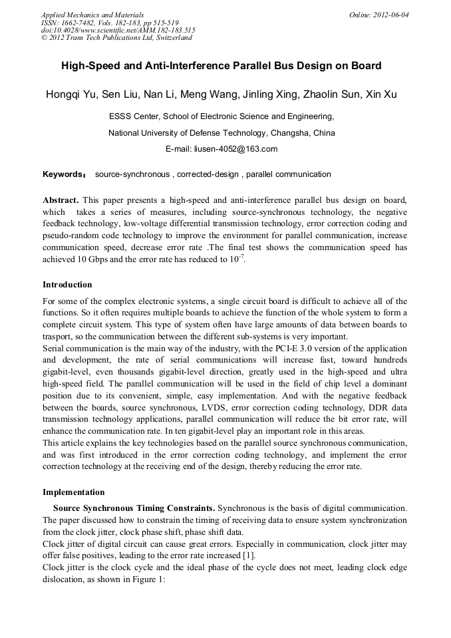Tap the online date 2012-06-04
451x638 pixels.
[x=389, y=15]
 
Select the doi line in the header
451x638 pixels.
[x=118, y=30]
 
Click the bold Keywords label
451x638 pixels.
[x=64, y=175]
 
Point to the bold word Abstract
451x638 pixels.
[x=61, y=200]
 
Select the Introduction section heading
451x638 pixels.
[x=67, y=285]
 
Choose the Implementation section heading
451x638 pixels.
[x=73, y=492]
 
